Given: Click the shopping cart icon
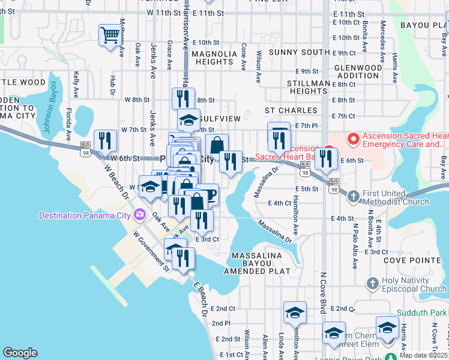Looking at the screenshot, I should tap(110, 35).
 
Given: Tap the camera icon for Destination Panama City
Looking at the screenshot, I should tap(140, 214).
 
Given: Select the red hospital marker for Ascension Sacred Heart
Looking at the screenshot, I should tap(353, 140).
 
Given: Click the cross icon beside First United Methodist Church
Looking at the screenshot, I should tap(354, 196).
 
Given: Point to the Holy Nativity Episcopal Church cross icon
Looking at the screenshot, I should tap(372, 283).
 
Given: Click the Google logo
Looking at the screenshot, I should tap(20, 353).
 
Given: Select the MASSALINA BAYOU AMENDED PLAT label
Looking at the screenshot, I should tap(256, 264).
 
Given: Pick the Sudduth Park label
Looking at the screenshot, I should tap(422, 313).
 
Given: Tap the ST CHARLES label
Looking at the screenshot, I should tap(291, 110).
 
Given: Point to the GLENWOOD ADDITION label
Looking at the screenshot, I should tap(358, 71).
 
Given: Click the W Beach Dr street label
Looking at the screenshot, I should tap(117, 183).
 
